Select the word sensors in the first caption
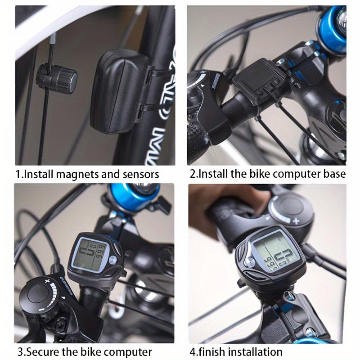(140, 174)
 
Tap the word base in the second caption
(334, 174)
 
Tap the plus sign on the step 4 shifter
(296, 221)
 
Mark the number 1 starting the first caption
(18, 174)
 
